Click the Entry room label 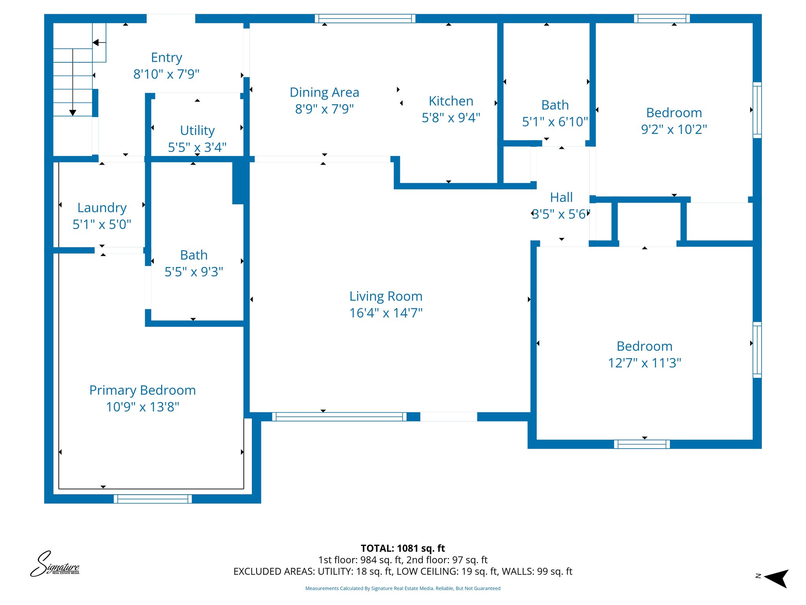point(166,58)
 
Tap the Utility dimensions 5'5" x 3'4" point(197,147)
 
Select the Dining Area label point(324,92)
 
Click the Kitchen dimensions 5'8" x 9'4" point(451,117)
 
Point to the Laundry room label point(102,208)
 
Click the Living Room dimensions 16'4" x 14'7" point(386,313)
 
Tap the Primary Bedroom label point(142,390)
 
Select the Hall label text point(561,197)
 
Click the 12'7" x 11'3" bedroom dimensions point(644,363)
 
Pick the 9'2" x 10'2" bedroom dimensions point(674,129)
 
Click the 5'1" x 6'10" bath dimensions point(555,122)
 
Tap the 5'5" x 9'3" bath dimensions point(194,272)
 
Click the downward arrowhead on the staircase point(73,113)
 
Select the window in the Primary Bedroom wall point(153,499)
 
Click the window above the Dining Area point(365,18)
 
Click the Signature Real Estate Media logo point(55,564)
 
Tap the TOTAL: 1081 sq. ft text point(403,548)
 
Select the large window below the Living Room point(339,417)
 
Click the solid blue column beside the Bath point(238,182)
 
